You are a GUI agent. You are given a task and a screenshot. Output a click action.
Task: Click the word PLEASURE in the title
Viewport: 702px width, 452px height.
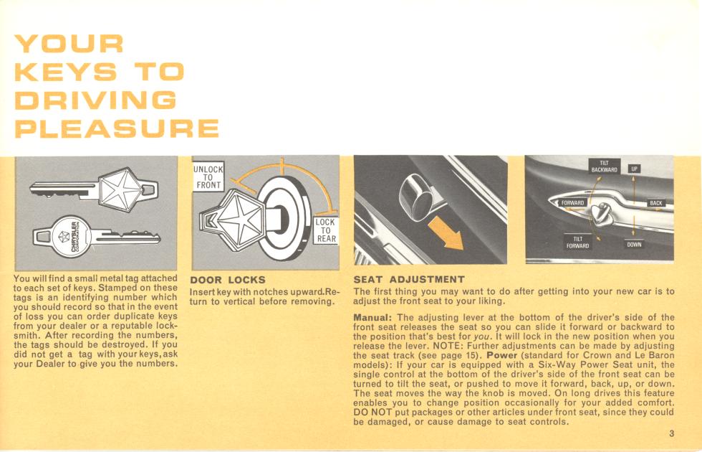click(x=117, y=128)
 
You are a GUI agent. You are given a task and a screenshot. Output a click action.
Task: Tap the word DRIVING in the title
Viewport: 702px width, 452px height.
click(x=95, y=100)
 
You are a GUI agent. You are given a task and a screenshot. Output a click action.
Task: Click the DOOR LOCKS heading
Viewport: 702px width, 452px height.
click(x=228, y=280)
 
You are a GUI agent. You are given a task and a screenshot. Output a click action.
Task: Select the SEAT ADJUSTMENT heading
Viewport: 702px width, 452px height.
click(x=409, y=280)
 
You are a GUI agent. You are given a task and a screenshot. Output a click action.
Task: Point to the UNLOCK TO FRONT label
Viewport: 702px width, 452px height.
click(x=208, y=177)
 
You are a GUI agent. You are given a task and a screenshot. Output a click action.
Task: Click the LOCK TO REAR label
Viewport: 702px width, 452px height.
click(x=326, y=230)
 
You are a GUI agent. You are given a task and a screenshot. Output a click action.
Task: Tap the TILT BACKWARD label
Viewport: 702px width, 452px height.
click(x=604, y=166)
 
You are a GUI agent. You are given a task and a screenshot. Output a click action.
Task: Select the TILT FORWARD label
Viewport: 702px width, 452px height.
click(x=577, y=243)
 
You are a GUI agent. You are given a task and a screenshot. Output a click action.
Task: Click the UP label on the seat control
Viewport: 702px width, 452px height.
click(x=634, y=169)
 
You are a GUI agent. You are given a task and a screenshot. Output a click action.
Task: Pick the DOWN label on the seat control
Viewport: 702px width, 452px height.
click(x=634, y=245)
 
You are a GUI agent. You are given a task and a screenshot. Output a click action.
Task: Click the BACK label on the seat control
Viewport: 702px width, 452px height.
click(x=656, y=203)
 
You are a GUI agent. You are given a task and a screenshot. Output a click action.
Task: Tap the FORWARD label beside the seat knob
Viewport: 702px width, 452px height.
click(x=572, y=203)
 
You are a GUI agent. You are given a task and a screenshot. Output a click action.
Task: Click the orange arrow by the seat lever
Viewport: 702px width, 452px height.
click(x=446, y=232)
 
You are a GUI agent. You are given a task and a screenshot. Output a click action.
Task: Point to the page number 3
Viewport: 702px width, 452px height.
click(x=671, y=433)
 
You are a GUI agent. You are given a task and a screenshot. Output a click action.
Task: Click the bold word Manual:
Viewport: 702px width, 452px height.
click(x=373, y=317)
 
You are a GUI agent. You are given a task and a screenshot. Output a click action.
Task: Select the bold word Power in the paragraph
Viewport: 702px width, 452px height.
click(x=502, y=355)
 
